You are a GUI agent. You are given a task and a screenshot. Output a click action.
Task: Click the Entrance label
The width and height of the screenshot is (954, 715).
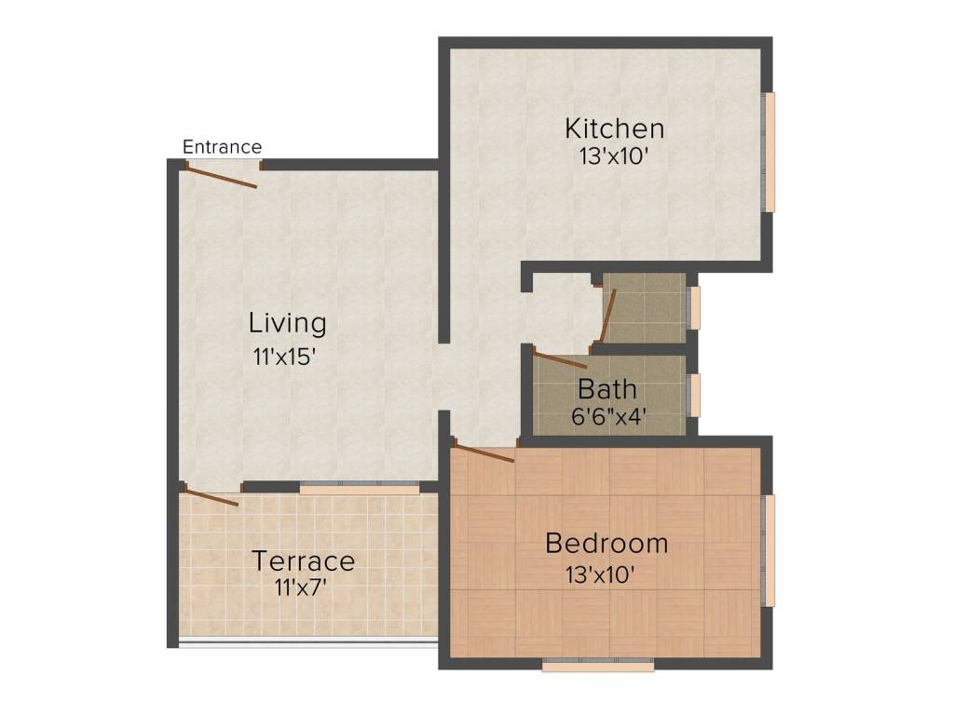pyautogui.click(x=222, y=146)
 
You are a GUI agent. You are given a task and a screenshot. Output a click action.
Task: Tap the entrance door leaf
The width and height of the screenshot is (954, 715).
pyautogui.click(x=222, y=178)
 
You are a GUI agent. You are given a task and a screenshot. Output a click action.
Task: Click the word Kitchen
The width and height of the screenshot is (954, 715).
pyautogui.click(x=615, y=128)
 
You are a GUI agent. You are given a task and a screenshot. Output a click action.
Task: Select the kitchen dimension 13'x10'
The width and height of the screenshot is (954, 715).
pyautogui.click(x=613, y=156)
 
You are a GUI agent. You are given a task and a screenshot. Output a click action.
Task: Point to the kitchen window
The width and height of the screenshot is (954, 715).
pyautogui.click(x=770, y=153)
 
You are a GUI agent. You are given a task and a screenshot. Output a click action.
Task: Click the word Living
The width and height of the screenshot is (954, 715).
pyautogui.click(x=288, y=323)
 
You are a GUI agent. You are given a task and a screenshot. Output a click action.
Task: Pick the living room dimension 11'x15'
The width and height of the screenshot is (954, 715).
pyautogui.click(x=285, y=357)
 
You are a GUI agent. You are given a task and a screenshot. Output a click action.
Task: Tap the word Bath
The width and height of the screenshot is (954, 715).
pyautogui.click(x=607, y=389)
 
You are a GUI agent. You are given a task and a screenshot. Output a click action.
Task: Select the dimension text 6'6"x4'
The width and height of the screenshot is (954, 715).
pyautogui.click(x=608, y=416)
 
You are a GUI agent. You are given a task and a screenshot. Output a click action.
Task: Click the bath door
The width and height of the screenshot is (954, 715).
pyautogui.click(x=560, y=359)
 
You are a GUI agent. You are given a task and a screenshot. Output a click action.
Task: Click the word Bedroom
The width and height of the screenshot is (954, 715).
pyautogui.click(x=606, y=544)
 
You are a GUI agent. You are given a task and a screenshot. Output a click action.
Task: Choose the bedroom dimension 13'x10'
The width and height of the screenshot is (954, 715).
pyautogui.click(x=601, y=574)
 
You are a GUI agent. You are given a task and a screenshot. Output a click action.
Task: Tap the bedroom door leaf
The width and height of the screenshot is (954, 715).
pyautogui.click(x=484, y=453)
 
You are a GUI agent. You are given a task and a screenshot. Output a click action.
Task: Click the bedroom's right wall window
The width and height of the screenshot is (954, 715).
pyautogui.click(x=770, y=551)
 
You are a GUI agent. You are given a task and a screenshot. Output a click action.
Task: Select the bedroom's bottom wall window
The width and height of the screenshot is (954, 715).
pyautogui.click(x=598, y=666)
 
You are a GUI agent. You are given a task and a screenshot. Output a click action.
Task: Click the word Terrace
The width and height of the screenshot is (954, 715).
pyautogui.click(x=304, y=561)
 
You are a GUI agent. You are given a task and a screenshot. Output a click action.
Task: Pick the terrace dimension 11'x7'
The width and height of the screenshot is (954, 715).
pyautogui.click(x=301, y=588)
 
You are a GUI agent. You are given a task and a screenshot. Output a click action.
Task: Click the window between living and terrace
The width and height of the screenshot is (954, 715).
pyautogui.click(x=360, y=488)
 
